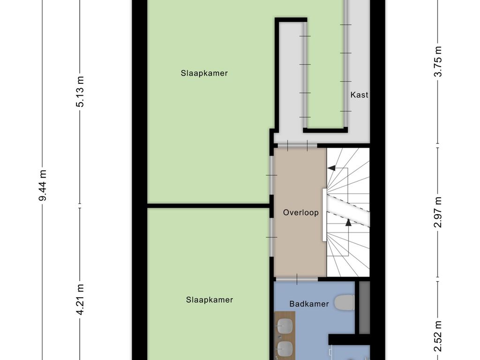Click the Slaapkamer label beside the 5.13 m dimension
[x=204, y=73]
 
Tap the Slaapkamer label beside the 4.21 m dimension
[x=209, y=300]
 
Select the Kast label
[x=359, y=95]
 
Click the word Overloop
[x=300, y=212]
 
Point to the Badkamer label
[x=309, y=304]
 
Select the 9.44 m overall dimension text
[x=43, y=185]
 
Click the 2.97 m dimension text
[x=438, y=212]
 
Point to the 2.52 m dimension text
[x=438, y=335]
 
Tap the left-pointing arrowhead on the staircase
[x=331, y=167]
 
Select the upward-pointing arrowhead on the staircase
[x=348, y=223]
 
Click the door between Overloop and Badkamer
[x=296, y=279]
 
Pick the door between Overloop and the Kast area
[x=296, y=145]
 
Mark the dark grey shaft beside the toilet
[x=364, y=307]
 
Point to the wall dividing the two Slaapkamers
[x=209, y=205]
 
